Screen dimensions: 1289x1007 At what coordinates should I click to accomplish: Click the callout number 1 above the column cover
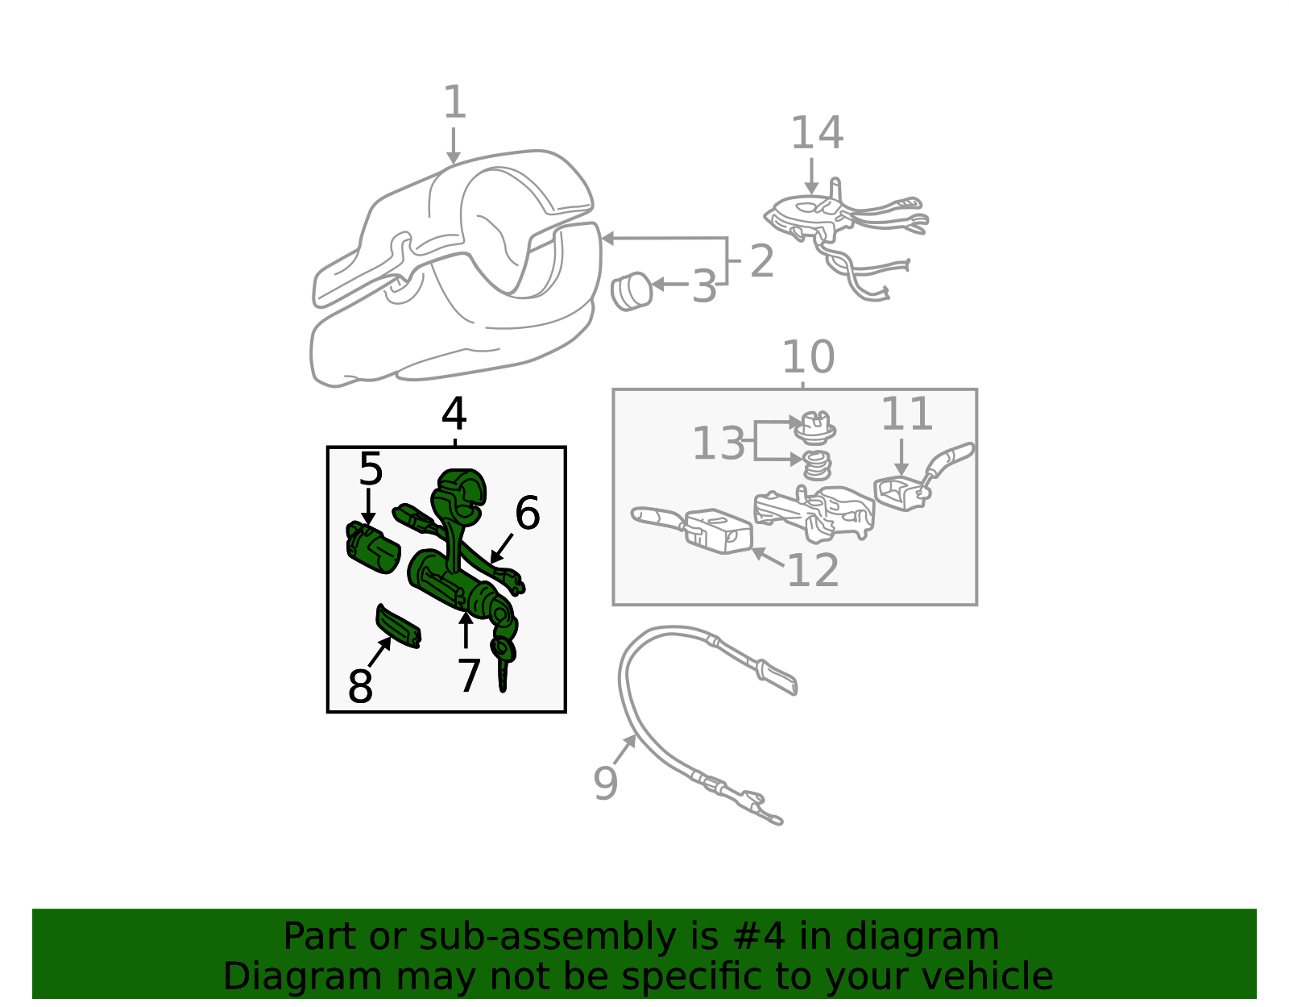click(x=455, y=102)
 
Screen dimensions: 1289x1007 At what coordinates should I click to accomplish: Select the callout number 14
click(x=817, y=133)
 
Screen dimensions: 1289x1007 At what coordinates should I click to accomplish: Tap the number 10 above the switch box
click(x=808, y=357)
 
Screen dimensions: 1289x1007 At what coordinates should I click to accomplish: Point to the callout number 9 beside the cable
click(x=606, y=784)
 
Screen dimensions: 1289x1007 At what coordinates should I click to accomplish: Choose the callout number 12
click(x=813, y=570)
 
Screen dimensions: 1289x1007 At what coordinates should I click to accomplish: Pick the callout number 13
click(x=719, y=443)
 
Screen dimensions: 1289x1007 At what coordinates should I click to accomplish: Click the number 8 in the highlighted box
click(x=360, y=686)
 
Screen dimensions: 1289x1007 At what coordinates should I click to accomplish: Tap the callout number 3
click(x=704, y=286)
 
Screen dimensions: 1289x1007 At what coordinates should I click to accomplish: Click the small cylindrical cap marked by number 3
click(x=632, y=291)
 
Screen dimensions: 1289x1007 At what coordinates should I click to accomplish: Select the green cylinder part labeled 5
click(x=372, y=547)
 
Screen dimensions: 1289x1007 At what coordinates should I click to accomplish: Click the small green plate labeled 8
click(x=399, y=626)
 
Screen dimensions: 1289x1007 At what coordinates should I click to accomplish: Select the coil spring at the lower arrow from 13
click(x=817, y=465)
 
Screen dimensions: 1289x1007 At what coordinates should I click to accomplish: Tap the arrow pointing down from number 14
click(x=811, y=177)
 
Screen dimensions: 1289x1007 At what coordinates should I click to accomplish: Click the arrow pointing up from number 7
click(x=466, y=630)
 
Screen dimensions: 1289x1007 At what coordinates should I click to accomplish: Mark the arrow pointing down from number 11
click(x=901, y=457)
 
